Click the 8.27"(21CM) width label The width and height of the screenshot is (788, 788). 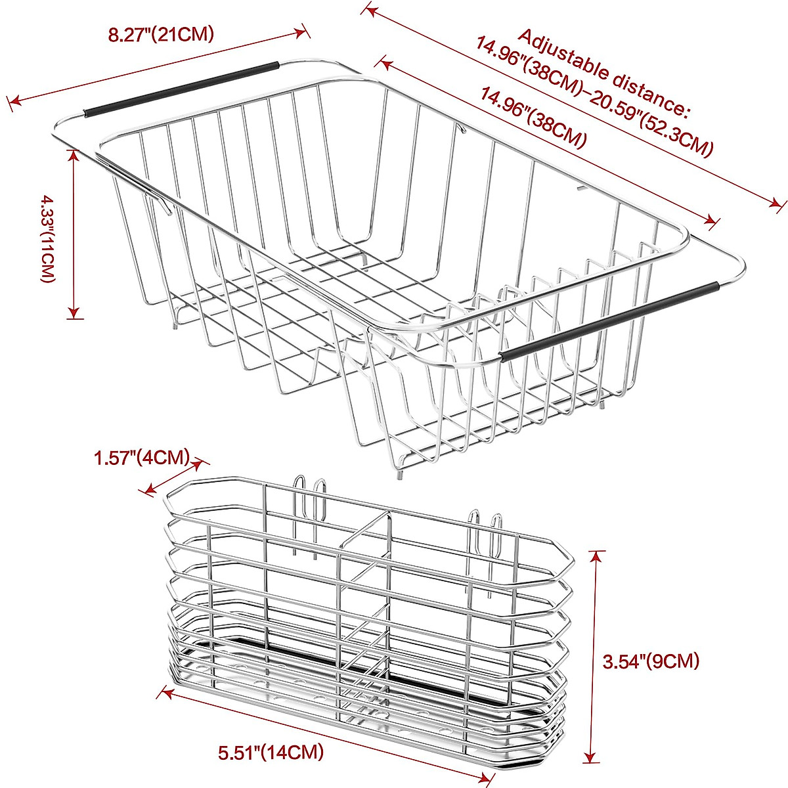(161, 35)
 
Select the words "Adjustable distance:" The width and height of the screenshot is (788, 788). (604, 72)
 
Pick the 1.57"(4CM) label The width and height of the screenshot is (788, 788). (142, 458)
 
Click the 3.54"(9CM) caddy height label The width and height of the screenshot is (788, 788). (651, 661)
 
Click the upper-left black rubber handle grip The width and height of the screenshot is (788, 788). (181, 88)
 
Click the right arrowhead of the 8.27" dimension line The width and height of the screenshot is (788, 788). (303, 31)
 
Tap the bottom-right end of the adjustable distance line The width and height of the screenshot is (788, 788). (779, 206)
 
